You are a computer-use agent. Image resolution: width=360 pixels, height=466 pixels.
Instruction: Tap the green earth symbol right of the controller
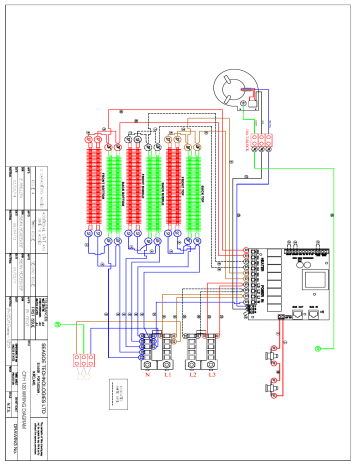tap(318, 347)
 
